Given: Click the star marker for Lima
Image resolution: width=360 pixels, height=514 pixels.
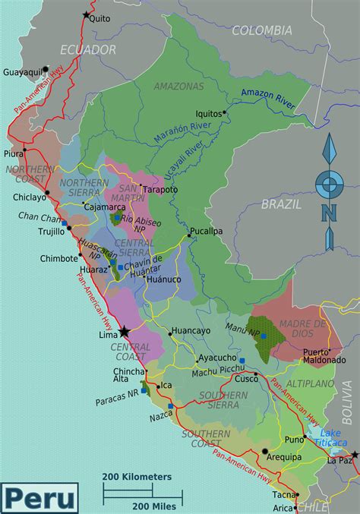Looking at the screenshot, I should pos(125,331).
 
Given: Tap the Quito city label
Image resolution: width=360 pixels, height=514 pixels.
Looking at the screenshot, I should pos(99,19).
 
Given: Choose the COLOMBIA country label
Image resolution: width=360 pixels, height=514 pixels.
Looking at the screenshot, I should pos(261,30).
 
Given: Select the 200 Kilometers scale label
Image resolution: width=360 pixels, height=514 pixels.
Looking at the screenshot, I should pos(137,477).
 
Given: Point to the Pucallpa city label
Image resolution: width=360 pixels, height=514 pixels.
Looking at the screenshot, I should pos(206,230).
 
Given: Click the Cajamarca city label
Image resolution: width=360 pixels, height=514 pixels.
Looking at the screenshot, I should pos(104,206).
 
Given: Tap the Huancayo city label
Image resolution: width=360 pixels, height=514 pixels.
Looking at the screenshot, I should pos(191,330).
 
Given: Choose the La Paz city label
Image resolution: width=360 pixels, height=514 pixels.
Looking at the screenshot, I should pos(339,460).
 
